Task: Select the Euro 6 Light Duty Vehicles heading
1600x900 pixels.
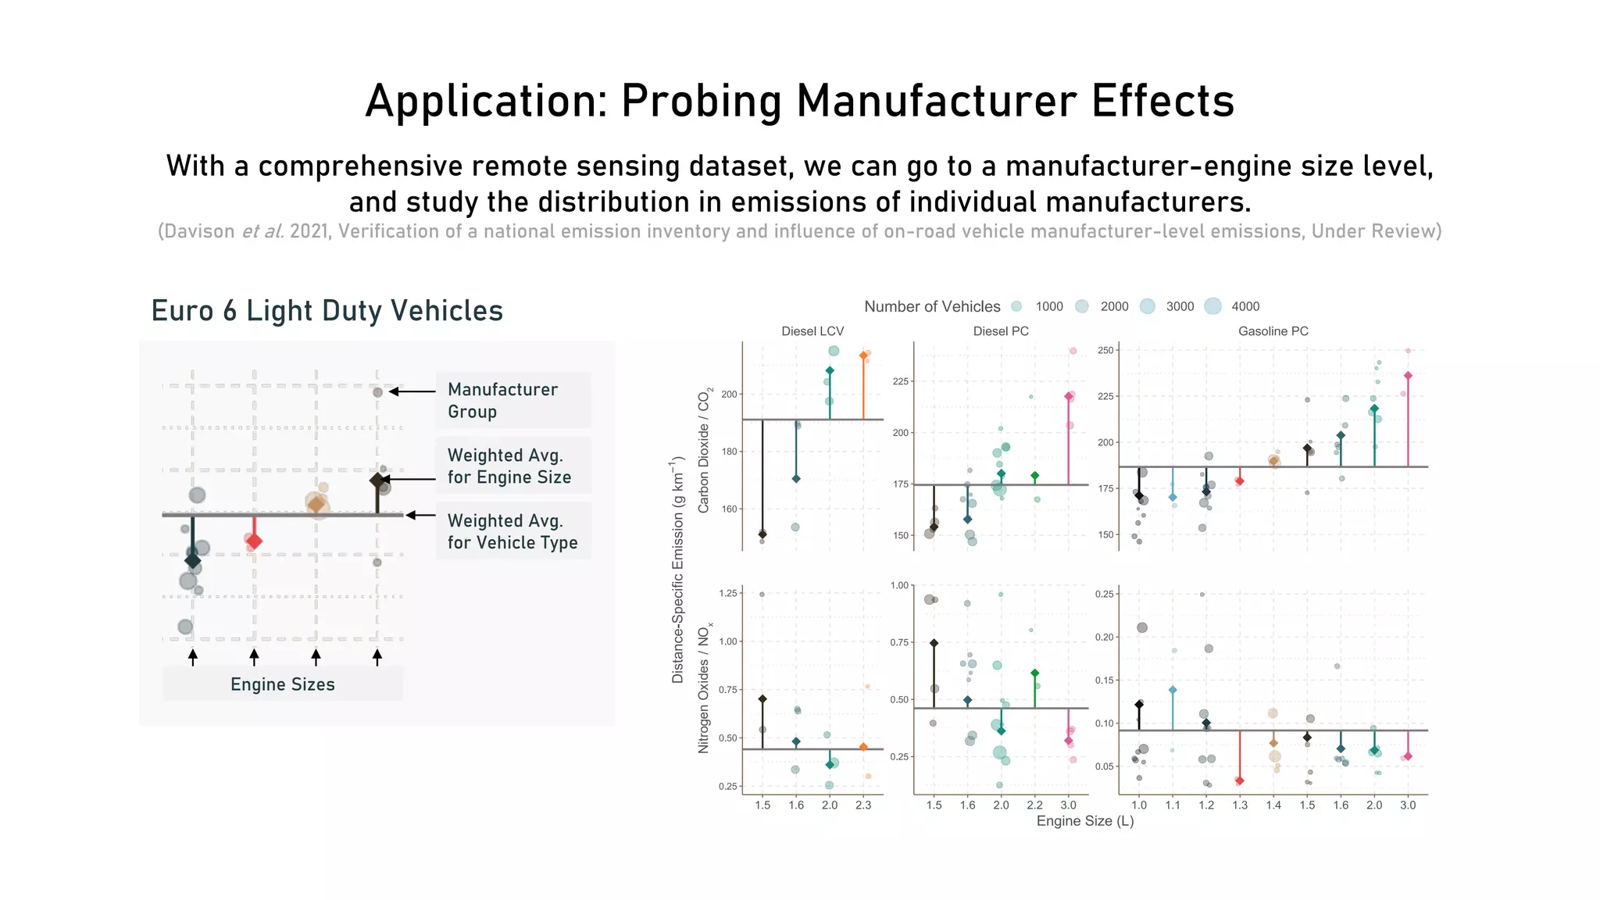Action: [x=327, y=311]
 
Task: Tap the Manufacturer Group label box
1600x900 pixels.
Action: [x=512, y=400]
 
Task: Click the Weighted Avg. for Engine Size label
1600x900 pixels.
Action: [x=512, y=466]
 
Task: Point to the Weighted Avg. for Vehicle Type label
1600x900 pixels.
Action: [x=512, y=531]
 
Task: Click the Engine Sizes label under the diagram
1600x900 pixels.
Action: [x=282, y=684]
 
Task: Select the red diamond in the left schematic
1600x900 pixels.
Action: [x=254, y=541]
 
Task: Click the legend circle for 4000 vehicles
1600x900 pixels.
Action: [x=1212, y=306]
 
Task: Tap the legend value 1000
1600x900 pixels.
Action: [x=1049, y=306]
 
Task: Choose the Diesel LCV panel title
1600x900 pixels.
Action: [x=812, y=331]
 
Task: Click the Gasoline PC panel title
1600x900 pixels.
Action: [x=1273, y=331]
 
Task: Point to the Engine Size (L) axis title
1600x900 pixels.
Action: [x=1084, y=821]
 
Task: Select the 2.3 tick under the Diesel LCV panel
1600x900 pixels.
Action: [x=863, y=805]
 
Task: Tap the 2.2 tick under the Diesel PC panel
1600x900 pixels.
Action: [x=1034, y=805]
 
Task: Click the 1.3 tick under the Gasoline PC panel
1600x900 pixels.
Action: [x=1240, y=805]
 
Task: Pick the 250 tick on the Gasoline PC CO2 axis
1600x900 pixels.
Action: [x=1105, y=350]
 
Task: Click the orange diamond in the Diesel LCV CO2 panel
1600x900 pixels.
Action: [x=863, y=355]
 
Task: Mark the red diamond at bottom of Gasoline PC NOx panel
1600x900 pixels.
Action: [x=1240, y=780]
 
